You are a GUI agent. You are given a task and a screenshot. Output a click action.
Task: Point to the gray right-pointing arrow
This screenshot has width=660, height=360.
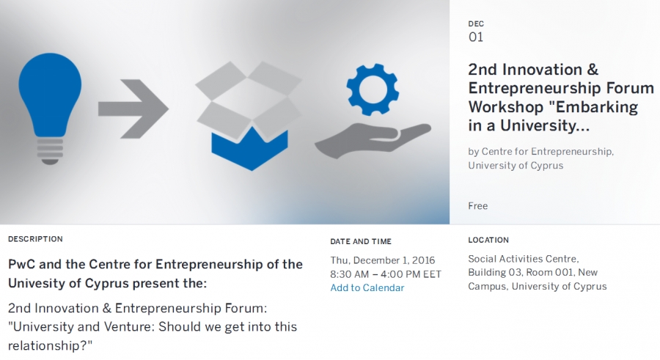coord(133,109)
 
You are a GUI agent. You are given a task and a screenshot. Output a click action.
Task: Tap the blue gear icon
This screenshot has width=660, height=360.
coord(373,89)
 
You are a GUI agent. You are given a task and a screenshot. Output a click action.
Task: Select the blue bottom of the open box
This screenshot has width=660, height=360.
coord(249,150)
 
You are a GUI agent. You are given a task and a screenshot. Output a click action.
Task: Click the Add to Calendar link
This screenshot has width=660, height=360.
coord(367,288)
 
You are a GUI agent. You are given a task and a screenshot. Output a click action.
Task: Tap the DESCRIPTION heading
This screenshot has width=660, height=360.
coord(35,239)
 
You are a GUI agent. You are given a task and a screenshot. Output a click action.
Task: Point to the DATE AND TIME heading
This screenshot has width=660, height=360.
coord(361,242)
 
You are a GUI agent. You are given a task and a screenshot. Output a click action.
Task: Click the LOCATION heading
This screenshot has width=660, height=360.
coord(488,240)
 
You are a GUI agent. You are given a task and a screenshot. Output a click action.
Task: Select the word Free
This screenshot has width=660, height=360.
coord(477,206)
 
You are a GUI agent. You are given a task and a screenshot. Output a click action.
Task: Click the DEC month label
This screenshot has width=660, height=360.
coord(476,24)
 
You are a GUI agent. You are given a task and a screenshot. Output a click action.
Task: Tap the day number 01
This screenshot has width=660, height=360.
coord(476,37)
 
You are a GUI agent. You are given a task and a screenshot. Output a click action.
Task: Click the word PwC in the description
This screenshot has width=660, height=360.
coord(22,265)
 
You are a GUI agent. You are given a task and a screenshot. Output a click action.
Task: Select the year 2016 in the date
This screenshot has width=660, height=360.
coord(423,260)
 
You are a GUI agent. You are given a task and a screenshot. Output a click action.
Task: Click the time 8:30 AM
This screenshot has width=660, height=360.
coord(349,274)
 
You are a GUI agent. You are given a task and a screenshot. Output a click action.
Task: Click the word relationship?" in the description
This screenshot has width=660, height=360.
coord(50,345)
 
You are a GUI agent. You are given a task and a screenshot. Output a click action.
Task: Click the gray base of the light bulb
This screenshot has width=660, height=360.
coord(50,151)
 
